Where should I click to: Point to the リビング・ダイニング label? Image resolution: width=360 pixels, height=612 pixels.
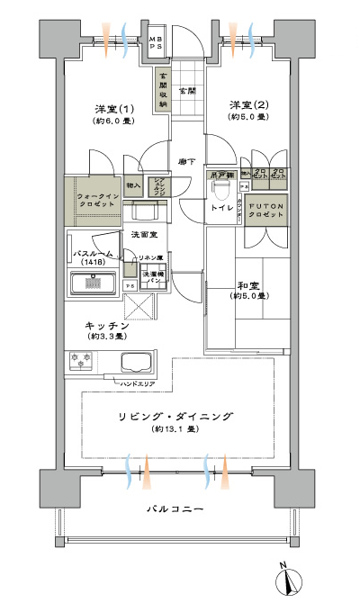[176, 416]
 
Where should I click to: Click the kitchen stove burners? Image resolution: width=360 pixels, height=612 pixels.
[79, 361]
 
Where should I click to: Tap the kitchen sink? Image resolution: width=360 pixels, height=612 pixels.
[138, 365]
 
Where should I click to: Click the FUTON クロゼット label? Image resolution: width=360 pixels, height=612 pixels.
[266, 208]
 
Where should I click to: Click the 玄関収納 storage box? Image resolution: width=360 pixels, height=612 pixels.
[163, 89]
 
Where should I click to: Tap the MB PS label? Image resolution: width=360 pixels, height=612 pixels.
[156, 42]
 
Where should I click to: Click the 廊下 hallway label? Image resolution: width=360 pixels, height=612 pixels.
[187, 161]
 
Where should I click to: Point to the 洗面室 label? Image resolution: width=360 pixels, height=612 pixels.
[144, 234]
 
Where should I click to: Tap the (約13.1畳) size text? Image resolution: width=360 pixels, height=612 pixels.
[175, 429]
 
